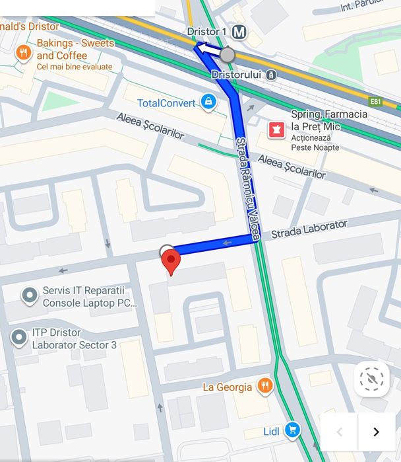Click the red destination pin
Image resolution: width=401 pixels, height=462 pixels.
point(171,262)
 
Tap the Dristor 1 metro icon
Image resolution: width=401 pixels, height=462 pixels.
point(239,32)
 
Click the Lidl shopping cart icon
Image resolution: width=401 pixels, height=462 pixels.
point(292,431)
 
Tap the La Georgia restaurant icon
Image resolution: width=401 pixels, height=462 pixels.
point(264,386)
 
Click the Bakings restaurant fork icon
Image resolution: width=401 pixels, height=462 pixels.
point(24,52)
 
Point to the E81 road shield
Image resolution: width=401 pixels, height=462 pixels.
point(375,101)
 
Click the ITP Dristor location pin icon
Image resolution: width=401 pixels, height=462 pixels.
point(19,338)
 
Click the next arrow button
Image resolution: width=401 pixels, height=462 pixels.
point(376,432)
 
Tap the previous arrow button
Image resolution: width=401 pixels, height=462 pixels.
point(340,432)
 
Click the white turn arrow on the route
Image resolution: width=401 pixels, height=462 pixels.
point(209,49)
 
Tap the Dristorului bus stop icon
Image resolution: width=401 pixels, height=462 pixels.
point(271,75)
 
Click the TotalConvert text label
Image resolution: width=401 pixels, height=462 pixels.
point(166,102)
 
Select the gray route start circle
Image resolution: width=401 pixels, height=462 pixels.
point(228,54)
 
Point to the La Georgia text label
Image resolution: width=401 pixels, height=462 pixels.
point(227,387)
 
